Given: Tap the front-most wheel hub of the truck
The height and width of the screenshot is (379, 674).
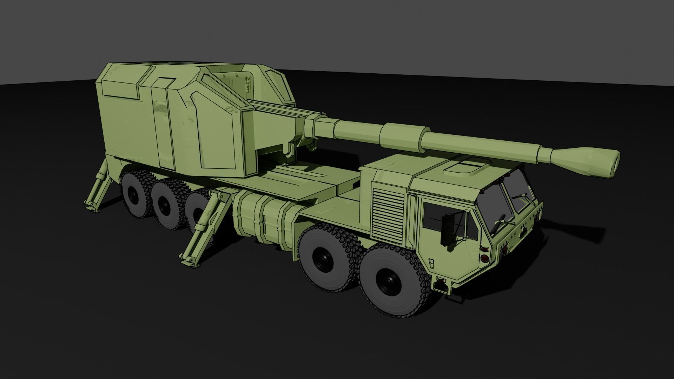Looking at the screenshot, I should pos(388,281).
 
